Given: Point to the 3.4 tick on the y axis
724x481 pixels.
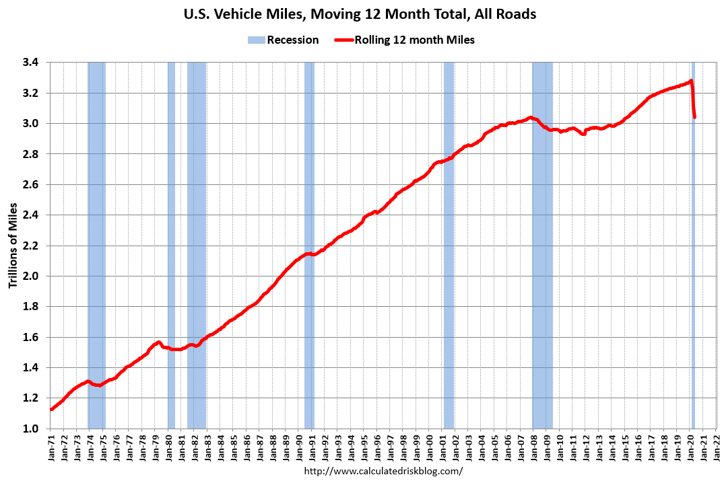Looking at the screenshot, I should tap(30, 63).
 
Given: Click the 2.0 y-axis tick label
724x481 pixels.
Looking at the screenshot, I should tap(30, 276).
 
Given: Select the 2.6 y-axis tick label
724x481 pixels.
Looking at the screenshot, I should tap(30, 185).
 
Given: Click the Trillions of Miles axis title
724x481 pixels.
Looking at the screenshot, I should tap(13, 246).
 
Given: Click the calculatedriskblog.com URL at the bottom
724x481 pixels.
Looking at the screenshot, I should tap(384, 471).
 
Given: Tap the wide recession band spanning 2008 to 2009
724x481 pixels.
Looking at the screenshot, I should tap(542, 269).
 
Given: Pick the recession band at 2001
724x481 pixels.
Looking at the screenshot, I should tap(449, 269).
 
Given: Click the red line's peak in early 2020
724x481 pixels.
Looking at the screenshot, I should tap(691, 81).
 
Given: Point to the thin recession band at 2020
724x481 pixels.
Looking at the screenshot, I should tap(693, 269).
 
